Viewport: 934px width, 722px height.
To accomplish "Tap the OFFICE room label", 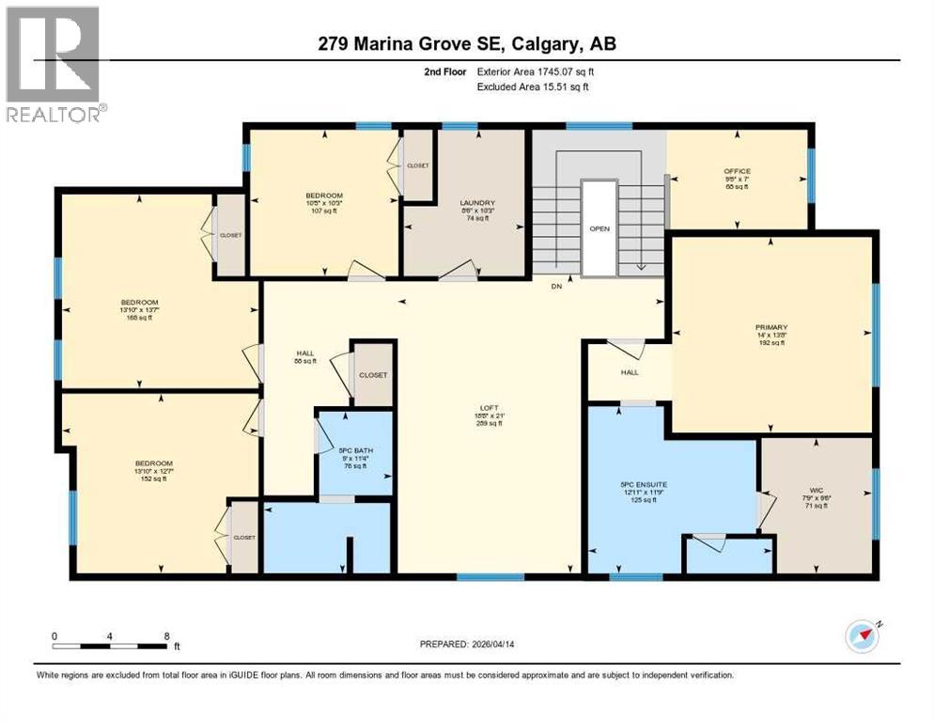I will point(737,171).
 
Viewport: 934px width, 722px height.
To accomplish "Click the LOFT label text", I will point(488,408).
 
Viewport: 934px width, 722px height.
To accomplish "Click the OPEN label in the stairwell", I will point(599,228).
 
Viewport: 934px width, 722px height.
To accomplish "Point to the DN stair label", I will point(557,288).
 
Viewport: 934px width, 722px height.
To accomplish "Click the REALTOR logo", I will point(54,64).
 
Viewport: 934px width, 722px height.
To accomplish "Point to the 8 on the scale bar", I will point(166,636).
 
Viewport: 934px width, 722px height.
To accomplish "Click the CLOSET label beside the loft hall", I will point(372,374).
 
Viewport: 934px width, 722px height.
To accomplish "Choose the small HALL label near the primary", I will point(629,372).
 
